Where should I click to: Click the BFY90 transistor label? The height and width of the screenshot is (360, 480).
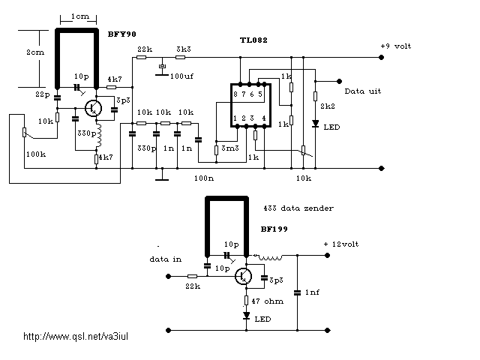pyautogui.click(x=121, y=34)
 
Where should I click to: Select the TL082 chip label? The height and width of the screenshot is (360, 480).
pyautogui.click(x=253, y=40)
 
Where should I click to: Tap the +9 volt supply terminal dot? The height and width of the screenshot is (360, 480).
pyautogui.click(x=381, y=57)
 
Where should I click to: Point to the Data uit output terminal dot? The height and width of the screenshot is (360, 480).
pyautogui.click(x=339, y=81)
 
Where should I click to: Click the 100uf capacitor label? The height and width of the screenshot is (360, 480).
pyautogui.click(x=181, y=76)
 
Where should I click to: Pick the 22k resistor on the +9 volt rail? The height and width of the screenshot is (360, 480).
pyautogui.click(x=141, y=57)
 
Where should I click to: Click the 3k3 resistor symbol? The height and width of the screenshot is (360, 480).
pyautogui.click(x=180, y=57)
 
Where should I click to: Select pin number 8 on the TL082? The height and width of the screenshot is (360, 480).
pyautogui.click(x=235, y=94)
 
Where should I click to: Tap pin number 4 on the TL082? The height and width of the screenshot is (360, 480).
pyautogui.click(x=264, y=118)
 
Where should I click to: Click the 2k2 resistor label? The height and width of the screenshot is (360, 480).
pyautogui.click(x=328, y=106)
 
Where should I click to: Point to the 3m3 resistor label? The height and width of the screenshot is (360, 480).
pyautogui.click(x=230, y=148)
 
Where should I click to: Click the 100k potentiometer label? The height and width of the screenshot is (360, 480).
pyautogui.click(x=36, y=154)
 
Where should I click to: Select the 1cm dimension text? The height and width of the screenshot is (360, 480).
pyautogui.click(x=80, y=16)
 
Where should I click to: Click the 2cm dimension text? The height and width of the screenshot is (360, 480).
pyautogui.click(x=35, y=52)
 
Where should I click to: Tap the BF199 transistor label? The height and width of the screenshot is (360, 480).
pyautogui.click(x=274, y=229)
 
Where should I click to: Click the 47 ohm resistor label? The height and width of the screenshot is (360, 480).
pyautogui.click(x=267, y=301)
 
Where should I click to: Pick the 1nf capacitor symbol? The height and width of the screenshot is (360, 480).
pyautogui.click(x=297, y=293)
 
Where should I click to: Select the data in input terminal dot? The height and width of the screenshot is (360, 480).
pyautogui.click(x=168, y=276)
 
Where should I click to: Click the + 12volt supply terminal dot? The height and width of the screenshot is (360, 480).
pyautogui.click(x=327, y=255)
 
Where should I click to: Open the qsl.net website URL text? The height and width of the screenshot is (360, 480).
pyautogui.click(x=76, y=337)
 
